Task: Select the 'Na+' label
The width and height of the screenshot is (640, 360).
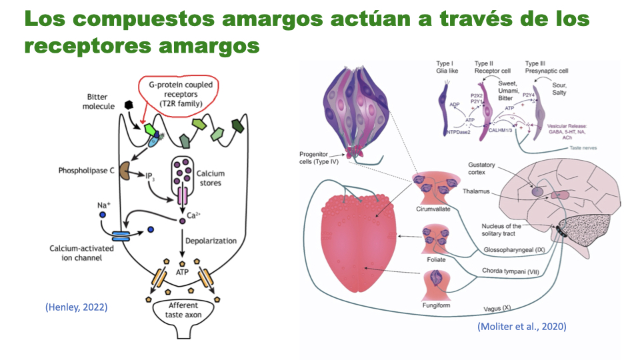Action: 103,204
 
